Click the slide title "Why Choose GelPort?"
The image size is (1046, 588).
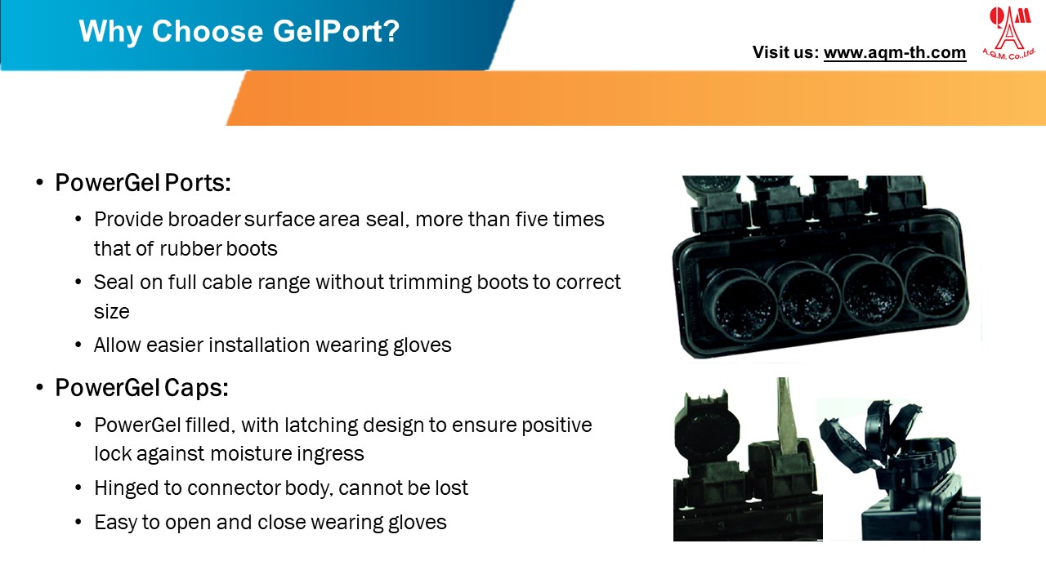point(239,31)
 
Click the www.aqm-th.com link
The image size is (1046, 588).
point(894,53)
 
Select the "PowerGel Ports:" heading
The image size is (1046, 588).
point(143,183)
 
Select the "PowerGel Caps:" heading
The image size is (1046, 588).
point(141,388)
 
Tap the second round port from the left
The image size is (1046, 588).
point(805,297)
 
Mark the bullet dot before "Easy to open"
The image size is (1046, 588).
point(78,523)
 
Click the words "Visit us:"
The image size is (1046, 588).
point(785,53)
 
